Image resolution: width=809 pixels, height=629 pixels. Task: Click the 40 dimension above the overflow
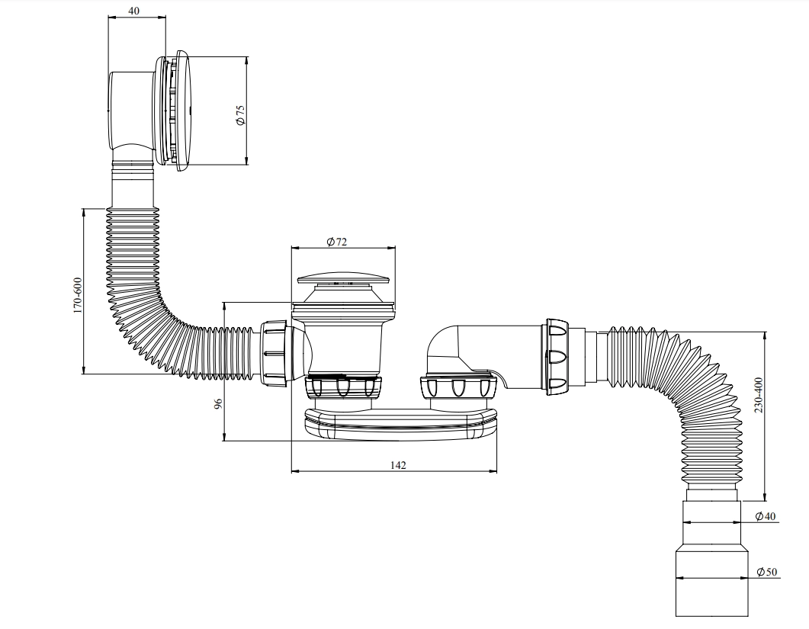[x=134, y=11]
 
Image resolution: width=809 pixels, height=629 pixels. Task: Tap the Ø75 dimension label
[x=239, y=114]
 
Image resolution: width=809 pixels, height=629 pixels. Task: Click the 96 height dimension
[x=217, y=405]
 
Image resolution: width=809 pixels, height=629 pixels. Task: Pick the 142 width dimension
[x=397, y=464]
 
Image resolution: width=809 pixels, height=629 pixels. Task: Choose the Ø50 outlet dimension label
[x=766, y=572]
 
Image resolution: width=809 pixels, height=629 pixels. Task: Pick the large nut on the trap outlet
[x=555, y=356]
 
